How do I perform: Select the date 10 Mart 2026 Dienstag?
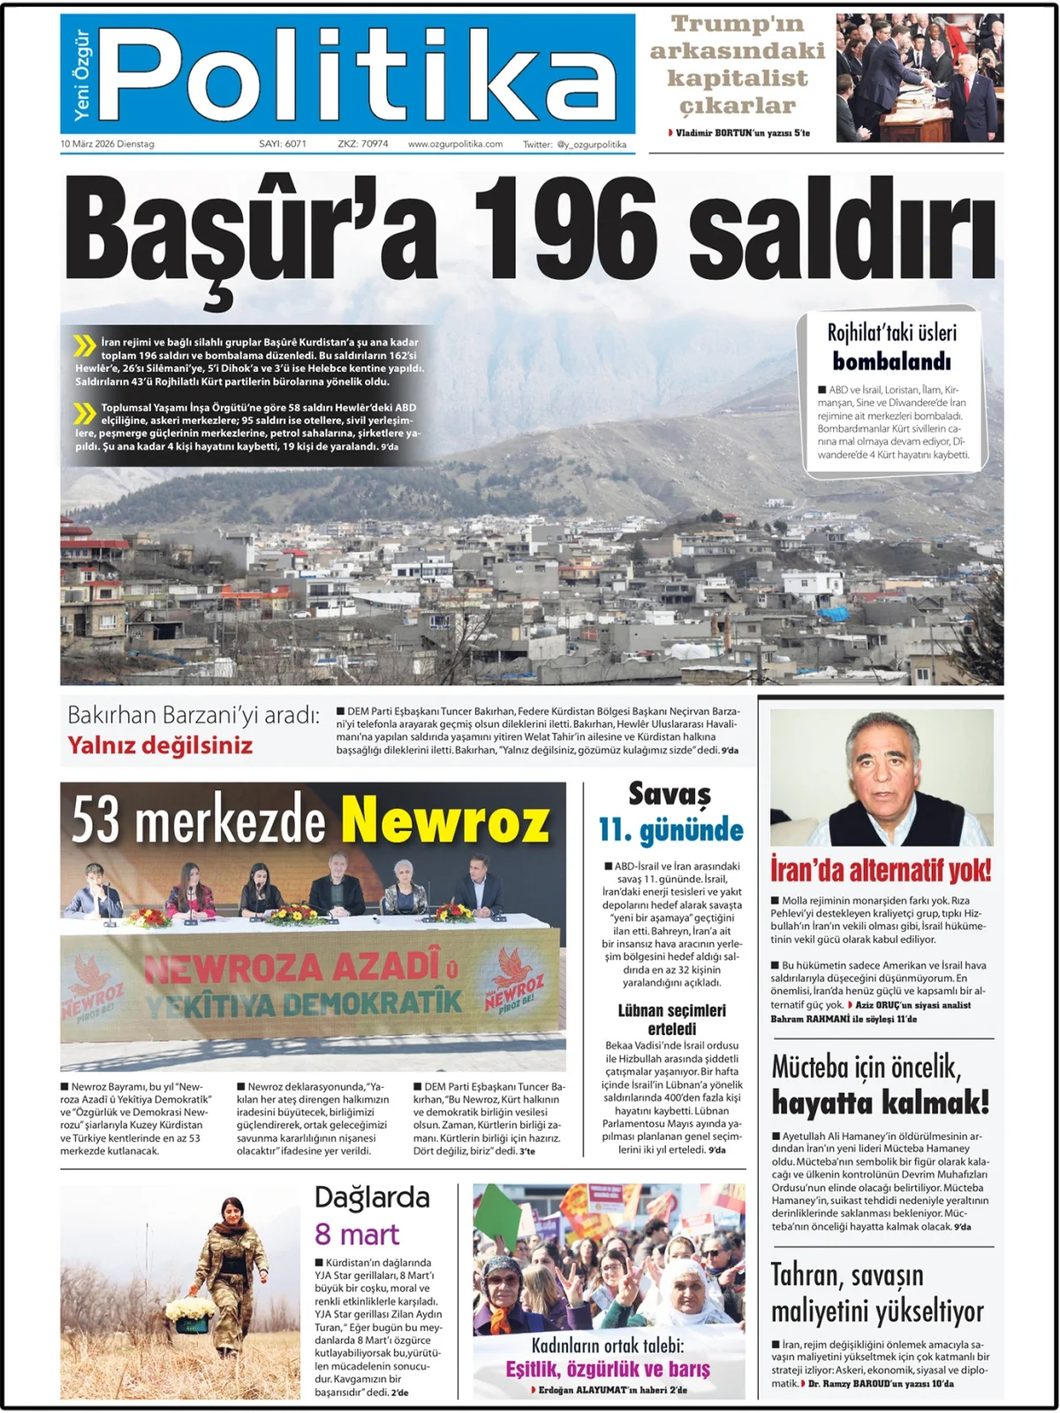coord(107,144)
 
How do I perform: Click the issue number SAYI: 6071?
coord(283,144)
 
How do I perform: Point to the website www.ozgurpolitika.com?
coord(455,144)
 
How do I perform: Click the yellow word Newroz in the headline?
coord(446,820)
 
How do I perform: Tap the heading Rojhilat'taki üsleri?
coord(891,333)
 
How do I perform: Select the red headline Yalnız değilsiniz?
coord(160,745)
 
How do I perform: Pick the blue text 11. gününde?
coord(671,830)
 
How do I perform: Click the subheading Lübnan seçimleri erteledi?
coord(671,1019)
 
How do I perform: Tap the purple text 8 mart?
coord(357,1234)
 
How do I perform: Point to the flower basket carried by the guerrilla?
coord(190,1312)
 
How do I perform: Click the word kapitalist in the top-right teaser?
coord(738,78)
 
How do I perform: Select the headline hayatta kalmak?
coord(880,1102)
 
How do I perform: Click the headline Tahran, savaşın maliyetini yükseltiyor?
coord(876,1293)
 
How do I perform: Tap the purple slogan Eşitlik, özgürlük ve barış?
coord(608,1369)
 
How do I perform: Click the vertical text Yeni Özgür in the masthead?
coord(81,75)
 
